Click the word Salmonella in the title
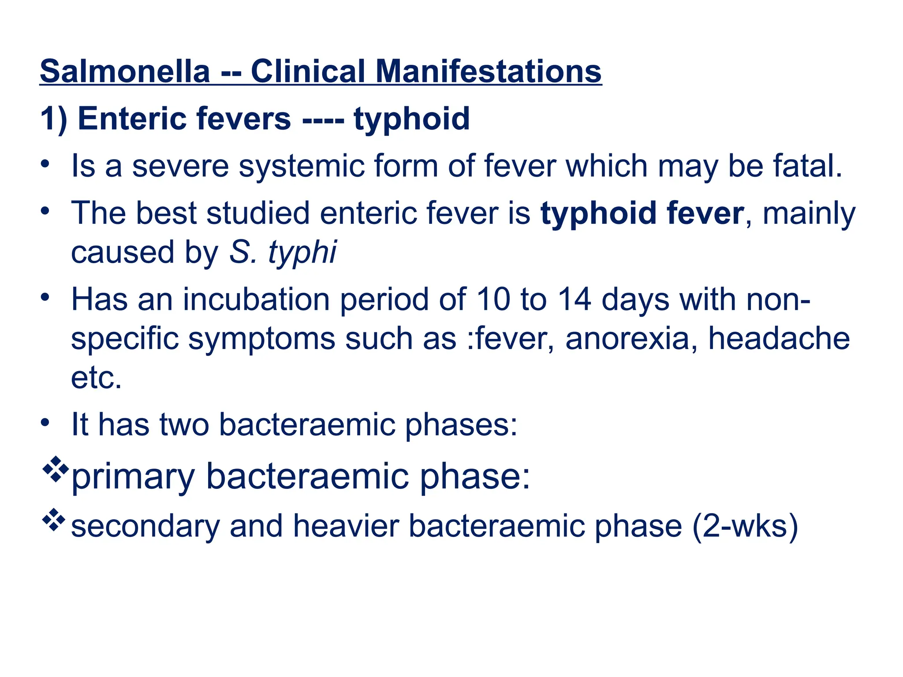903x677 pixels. click(x=125, y=71)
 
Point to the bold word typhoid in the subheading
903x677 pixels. click(x=412, y=119)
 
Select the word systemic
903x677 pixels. click(x=302, y=167)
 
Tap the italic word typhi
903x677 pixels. click(x=302, y=253)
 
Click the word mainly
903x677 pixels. click(x=809, y=214)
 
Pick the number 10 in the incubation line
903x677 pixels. click(x=493, y=299)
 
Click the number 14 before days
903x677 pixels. click(x=574, y=299)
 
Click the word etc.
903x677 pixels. click(x=96, y=378)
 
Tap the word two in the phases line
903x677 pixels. click(x=184, y=424)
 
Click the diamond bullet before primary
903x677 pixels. click(x=55, y=469)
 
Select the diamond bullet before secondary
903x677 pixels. click(x=54, y=520)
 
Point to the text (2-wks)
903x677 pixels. click(x=745, y=526)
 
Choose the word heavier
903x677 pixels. click(x=346, y=526)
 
